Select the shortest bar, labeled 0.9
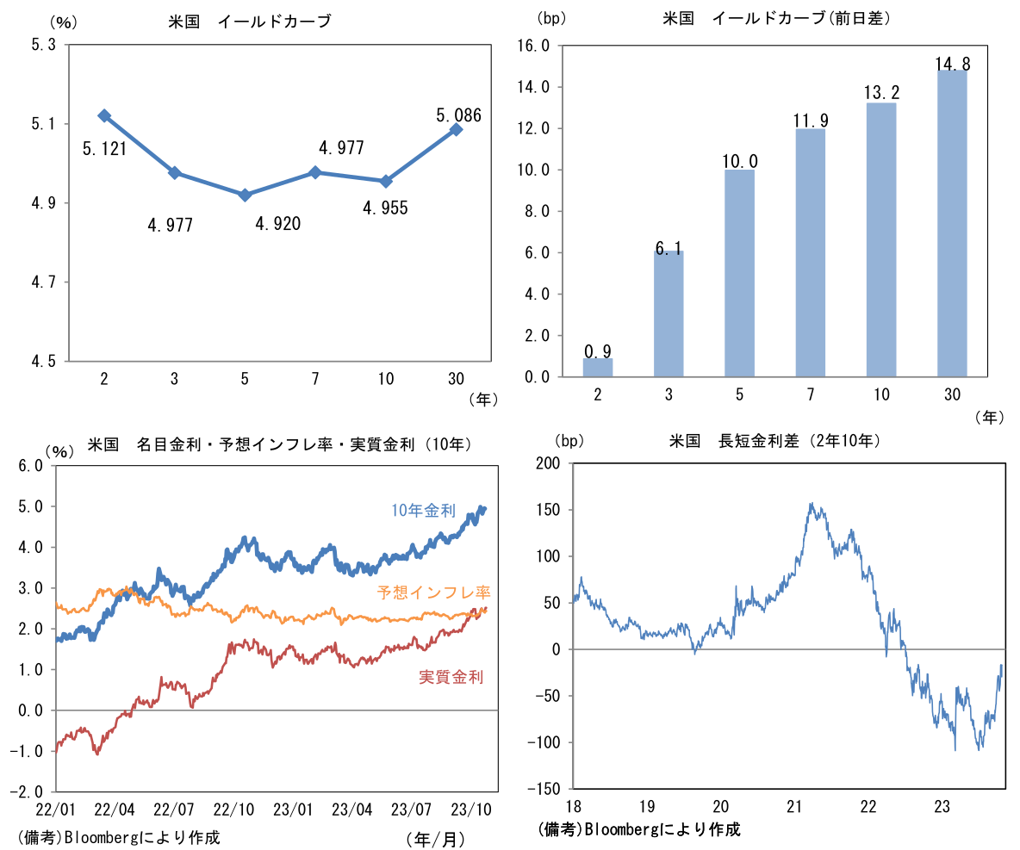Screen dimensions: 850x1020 click(x=598, y=368)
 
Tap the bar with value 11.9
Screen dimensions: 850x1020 click(x=810, y=252)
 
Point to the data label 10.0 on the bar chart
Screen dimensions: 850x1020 click(x=739, y=162)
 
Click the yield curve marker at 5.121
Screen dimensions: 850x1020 click(x=104, y=115)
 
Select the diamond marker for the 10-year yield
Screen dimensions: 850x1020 click(x=386, y=181)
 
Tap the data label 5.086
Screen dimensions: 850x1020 click(x=458, y=115)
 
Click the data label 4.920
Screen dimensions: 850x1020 click(x=278, y=225)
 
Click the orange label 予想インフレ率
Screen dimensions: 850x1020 click(x=433, y=593)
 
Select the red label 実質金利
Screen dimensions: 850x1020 click(x=451, y=677)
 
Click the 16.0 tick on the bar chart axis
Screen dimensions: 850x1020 click(x=532, y=46)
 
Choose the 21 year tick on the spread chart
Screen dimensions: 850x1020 click(x=794, y=807)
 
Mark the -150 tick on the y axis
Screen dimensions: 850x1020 click(x=542, y=789)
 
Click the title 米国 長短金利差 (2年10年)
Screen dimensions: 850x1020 click(x=773, y=441)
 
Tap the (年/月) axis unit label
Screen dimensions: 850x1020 click(x=434, y=838)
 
